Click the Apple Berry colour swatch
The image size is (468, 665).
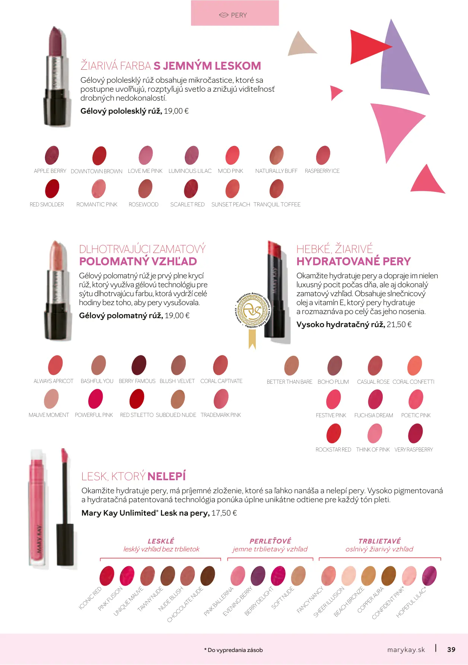52,155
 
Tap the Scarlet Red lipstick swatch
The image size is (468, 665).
191,189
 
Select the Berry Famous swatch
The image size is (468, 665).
139,365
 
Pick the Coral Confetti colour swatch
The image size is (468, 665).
415,365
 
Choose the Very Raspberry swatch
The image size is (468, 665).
416,434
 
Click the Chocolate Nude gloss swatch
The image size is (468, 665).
208,576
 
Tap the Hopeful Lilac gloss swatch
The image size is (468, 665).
429,576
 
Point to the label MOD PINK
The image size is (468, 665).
230,171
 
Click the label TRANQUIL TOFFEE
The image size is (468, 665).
277,205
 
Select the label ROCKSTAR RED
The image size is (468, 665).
333,450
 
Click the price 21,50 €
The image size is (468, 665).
399,324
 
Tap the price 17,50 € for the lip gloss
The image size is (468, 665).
224,513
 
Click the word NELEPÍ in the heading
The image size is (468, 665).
166,476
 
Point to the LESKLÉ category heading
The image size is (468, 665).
161,541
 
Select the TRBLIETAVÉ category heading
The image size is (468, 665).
379,541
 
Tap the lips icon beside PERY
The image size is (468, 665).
223,15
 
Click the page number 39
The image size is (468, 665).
451,649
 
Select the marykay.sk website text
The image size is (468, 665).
406,650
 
